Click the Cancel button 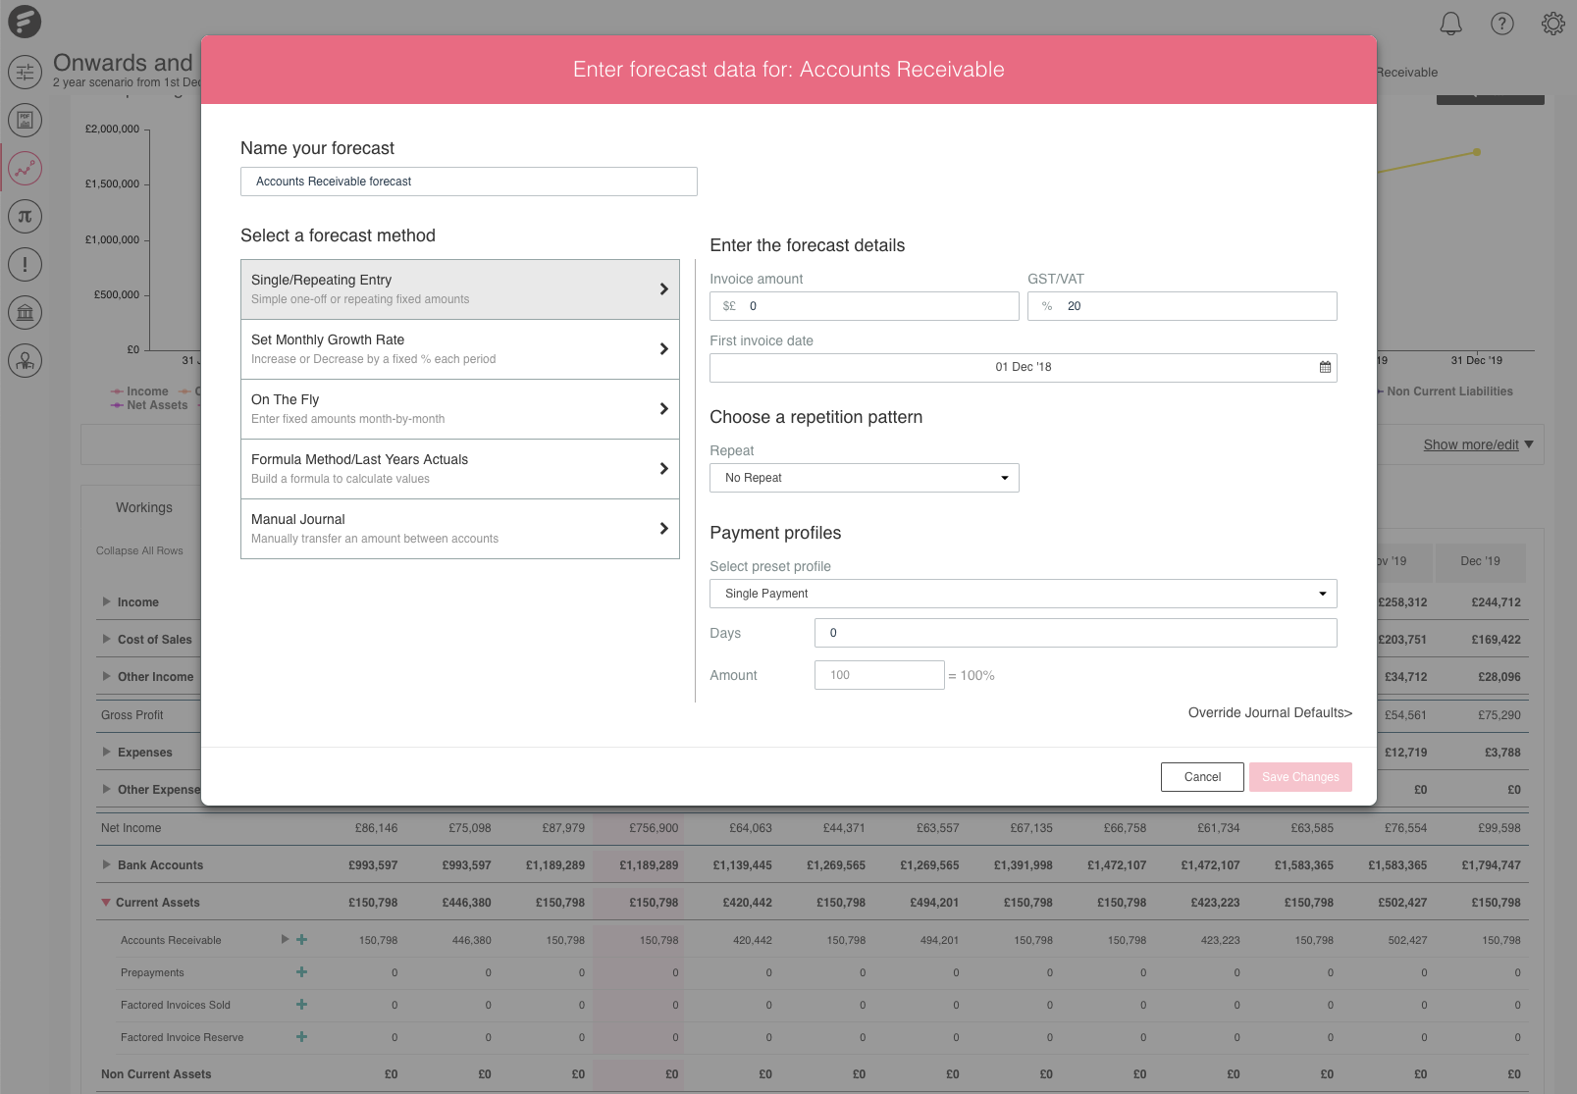click(1202, 777)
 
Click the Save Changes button click(1300, 777)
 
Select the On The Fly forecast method click(459, 409)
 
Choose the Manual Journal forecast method click(459, 529)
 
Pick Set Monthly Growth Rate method click(459, 349)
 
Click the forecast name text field click(468, 182)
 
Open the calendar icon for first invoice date click(1325, 367)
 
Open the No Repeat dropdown click(864, 478)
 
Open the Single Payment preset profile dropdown click(1023, 594)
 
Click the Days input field click(1075, 633)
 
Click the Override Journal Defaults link click(1270, 712)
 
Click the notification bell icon click(1450, 24)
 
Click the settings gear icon click(1552, 24)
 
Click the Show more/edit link click(1471, 444)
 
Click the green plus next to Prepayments click(301, 972)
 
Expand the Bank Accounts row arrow click(106, 864)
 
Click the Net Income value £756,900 click(654, 828)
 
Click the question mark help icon click(1501, 24)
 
